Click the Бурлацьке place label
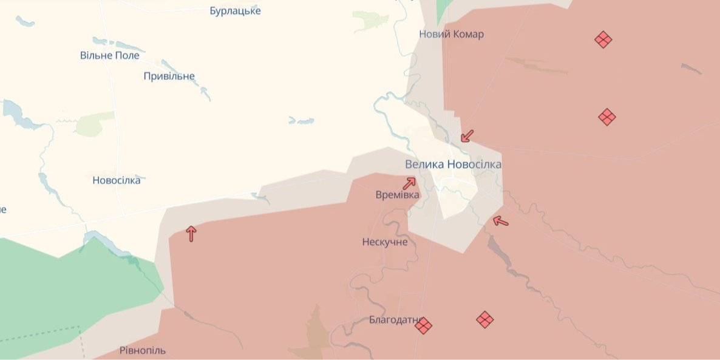tap(235, 11)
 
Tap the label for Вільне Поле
tap(110, 55)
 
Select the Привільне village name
tap(169, 76)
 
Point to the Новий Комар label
tap(451, 34)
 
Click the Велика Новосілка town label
tap(453, 164)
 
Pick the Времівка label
tap(398, 195)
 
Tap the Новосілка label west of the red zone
tap(116, 180)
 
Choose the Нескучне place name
tap(385, 242)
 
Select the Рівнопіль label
tap(142, 350)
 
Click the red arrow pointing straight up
tap(191, 233)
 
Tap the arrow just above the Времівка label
tap(409, 183)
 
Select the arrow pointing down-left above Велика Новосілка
tap(467, 135)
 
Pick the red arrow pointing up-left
tap(500, 221)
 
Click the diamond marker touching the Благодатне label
tap(423, 326)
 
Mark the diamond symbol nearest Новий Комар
tap(603, 40)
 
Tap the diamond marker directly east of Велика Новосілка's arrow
tap(607, 117)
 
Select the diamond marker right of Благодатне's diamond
tap(484, 319)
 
